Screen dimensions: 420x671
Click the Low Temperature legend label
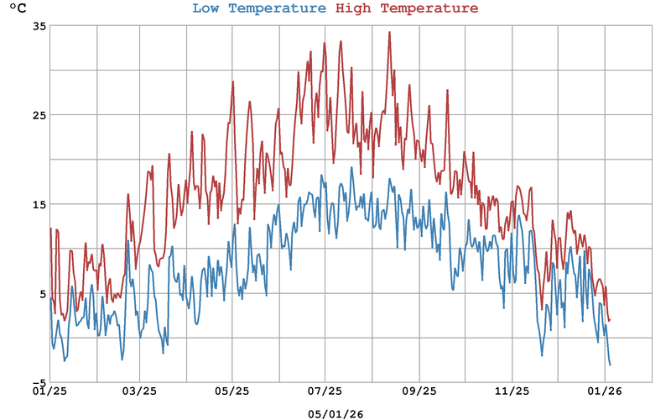(258, 9)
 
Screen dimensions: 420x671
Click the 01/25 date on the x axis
(49, 391)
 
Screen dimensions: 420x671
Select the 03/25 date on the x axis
(141, 391)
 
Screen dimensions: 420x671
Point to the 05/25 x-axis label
(232, 391)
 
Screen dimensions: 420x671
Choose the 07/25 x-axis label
(325, 391)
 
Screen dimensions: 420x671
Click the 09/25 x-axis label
(419, 391)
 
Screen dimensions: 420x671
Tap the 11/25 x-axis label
(512, 391)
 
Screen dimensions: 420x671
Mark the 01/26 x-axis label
(605, 391)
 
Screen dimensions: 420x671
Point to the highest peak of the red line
(389, 33)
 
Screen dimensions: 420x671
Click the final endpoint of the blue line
(610, 365)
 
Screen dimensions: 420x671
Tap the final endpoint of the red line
(610, 320)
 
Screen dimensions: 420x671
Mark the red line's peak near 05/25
(233, 81)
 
